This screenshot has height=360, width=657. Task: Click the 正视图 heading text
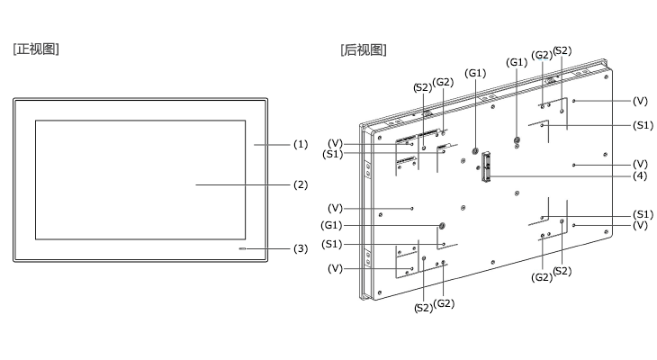(x=36, y=49)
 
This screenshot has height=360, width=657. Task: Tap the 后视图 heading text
(x=364, y=49)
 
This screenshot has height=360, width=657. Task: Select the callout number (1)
(x=301, y=144)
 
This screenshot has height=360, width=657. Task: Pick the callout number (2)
(x=301, y=184)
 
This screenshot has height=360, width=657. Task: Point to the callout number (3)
(x=301, y=248)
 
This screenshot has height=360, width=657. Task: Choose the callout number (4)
(x=640, y=176)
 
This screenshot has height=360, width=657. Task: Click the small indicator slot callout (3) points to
(x=242, y=248)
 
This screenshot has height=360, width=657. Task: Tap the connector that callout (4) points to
(x=486, y=166)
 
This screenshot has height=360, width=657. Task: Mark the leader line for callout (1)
(x=272, y=145)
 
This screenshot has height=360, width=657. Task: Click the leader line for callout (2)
(x=243, y=184)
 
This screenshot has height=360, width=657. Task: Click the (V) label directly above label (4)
(x=640, y=164)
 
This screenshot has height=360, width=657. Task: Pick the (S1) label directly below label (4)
(x=643, y=214)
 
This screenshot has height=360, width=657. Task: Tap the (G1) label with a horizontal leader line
(x=331, y=225)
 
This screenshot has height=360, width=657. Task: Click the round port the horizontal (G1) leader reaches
(x=441, y=226)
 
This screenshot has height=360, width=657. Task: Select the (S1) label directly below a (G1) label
(x=332, y=244)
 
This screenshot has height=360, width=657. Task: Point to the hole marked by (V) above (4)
(x=573, y=165)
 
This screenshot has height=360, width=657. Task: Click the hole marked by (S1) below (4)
(x=542, y=218)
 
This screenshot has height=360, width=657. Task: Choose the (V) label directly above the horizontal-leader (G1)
(x=335, y=208)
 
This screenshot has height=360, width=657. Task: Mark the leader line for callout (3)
(x=267, y=248)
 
